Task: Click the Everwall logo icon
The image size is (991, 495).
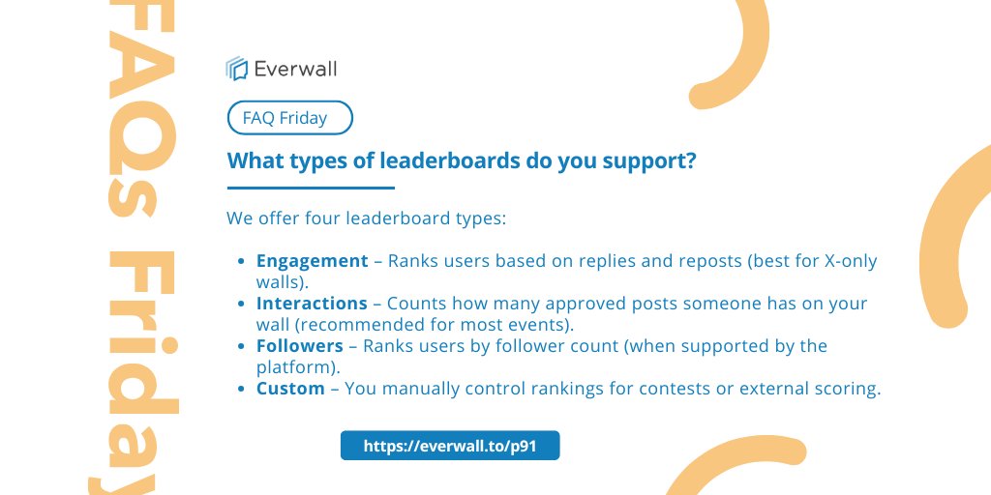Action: click(237, 68)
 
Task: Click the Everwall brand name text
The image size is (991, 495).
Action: click(295, 68)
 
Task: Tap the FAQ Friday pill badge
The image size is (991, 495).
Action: click(289, 119)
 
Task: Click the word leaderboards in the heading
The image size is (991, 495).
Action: click(440, 162)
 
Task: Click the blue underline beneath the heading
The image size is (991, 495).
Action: click(311, 188)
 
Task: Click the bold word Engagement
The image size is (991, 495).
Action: click(312, 261)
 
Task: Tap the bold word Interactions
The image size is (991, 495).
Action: click(312, 304)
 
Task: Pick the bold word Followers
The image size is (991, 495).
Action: click(300, 346)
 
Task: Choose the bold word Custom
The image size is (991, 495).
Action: click(290, 389)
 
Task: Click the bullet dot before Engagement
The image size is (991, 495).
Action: click(242, 262)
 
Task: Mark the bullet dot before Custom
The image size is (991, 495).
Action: click(242, 390)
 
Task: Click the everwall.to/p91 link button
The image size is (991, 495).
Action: click(450, 447)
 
